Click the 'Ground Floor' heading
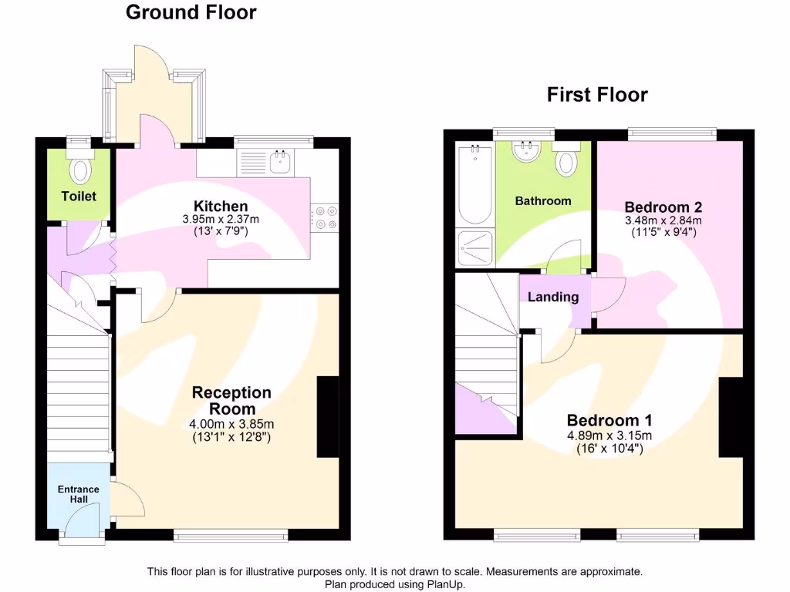click(191, 12)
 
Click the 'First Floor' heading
click(597, 95)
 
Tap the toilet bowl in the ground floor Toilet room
click(79, 168)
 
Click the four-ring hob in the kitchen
click(324, 217)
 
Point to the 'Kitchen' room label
click(221, 206)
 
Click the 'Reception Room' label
click(231, 401)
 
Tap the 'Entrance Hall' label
click(79, 494)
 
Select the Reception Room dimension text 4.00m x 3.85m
click(231, 424)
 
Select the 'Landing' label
click(553, 297)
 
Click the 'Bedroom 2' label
click(663, 207)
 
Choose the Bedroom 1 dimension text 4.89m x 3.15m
click(609, 435)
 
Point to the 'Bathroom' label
click(543, 200)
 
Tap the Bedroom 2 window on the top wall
click(671, 133)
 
